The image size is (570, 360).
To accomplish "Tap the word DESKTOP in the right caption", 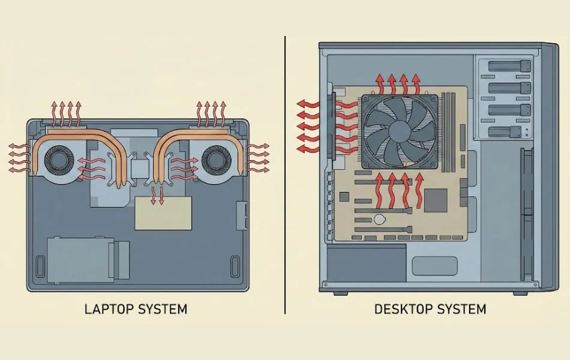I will pos(401,310).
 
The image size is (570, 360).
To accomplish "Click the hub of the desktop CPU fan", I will pos(398,130).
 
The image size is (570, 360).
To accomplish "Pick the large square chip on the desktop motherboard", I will pos(437,200).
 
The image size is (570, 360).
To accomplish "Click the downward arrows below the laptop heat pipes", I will pos(157,196).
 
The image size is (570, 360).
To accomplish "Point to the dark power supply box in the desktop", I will pos(365,263).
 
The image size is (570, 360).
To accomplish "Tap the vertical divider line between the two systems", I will pos(285,174).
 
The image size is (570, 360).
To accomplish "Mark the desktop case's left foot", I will pos(340,293).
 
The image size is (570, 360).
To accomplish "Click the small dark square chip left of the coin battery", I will pos(344,197).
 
